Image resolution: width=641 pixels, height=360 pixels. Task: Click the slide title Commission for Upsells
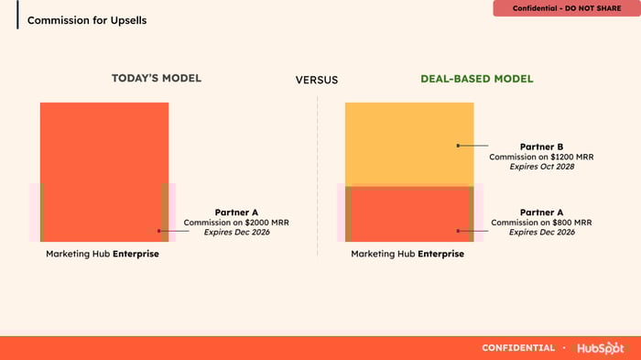coord(87,20)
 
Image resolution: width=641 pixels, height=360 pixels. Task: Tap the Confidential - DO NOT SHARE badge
coord(567,8)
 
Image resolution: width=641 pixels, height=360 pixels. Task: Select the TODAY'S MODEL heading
coord(157,78)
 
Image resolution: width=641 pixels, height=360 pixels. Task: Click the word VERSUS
coord(317,80)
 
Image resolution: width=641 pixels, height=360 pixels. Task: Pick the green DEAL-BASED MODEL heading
coord(477,79)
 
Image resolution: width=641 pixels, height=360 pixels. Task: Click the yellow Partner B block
coord(409,145)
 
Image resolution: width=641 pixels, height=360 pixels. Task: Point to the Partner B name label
coord(541,147)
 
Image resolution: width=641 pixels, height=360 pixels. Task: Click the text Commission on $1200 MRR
coord(541,157)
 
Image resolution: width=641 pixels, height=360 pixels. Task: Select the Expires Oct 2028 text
coord(542,167)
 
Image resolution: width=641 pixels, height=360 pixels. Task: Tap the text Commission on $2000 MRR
coord(236,222)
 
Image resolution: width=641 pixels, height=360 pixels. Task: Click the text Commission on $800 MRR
coord(541,222)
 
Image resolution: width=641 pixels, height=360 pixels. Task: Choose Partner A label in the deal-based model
coord(541,213)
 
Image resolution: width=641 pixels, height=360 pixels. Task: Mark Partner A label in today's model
coord(236,213)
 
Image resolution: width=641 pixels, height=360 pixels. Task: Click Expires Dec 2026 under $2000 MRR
coord(236,232)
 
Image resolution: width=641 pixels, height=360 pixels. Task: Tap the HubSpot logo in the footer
coord(600,348)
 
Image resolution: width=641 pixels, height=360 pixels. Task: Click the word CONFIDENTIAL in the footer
coord(518,348)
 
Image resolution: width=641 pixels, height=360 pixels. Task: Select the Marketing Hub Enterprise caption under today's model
coord(103,254)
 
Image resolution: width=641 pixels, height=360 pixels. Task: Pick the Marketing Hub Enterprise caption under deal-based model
coord(407,254)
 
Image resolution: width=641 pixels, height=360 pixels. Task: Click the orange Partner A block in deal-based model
coord(409,214)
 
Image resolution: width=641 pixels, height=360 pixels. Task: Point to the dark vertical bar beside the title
coord(17,15)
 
